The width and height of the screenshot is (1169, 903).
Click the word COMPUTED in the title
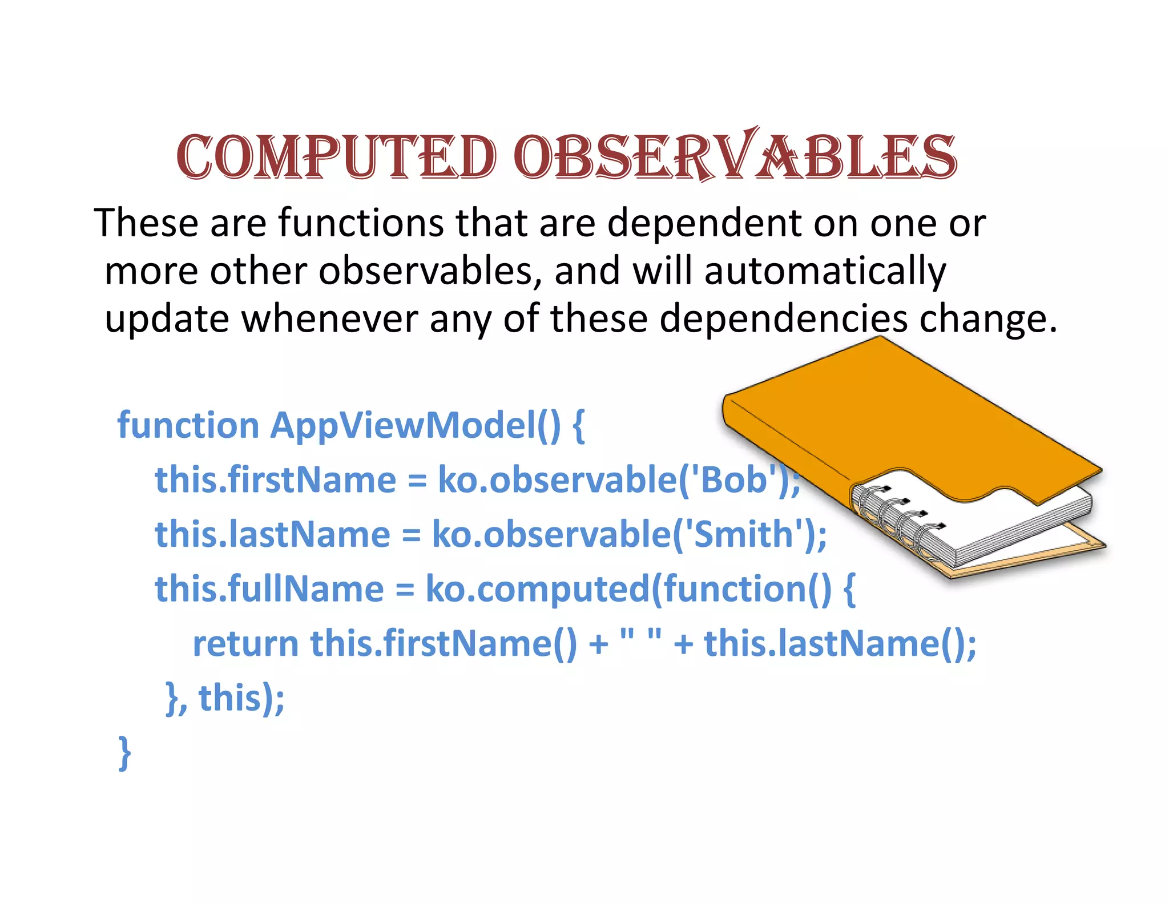point(336,157)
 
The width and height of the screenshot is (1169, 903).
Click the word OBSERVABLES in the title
point(735,157)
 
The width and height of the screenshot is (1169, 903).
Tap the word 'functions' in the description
point(361,223)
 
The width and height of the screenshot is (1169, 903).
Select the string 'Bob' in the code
point(733,479)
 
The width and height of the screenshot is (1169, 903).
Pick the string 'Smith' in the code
point(744,534)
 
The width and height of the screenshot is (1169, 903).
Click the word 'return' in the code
point(245,644)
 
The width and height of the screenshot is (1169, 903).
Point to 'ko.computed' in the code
point(537,589)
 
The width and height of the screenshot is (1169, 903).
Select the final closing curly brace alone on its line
point(124,753)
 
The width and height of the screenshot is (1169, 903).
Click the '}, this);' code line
point(225,699)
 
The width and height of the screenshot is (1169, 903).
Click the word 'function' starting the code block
point(188,426)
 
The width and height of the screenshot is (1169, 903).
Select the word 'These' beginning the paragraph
point(146,223)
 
